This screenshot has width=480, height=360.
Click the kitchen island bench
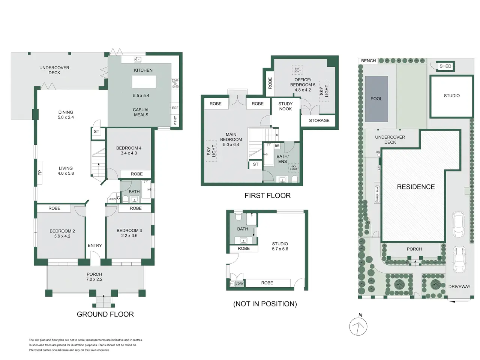(x=144, y=81)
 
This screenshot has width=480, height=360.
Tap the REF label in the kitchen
(x=175, y=108)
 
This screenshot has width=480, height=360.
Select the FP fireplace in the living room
(x=40, y=172)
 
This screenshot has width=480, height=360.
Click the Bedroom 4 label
(x=129, y=148)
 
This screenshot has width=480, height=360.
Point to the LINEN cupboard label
(x=112, y=199)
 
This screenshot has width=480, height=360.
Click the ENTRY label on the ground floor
(x=95, y=245)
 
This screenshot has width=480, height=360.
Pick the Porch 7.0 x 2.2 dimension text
(x=94, y=279)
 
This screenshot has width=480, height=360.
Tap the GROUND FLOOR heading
(x=105, y=314)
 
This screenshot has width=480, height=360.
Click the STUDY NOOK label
(x=285, y=106)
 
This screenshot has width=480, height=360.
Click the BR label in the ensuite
(x=277, y=146)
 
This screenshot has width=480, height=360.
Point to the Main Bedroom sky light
(x=211, y=151)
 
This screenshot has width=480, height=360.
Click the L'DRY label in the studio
(x=240, y=283)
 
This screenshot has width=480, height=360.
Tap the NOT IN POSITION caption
(x=265, y=304)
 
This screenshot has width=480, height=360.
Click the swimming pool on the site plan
(x=376, y=99)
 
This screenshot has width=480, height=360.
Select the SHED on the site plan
(x=445, y=66)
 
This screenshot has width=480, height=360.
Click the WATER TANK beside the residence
(x=377, y=193)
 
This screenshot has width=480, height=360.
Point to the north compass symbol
(x=358, y=327)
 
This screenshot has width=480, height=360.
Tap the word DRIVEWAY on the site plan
(x=459, y=286)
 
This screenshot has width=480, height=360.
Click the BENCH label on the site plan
(x=368, y=61)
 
